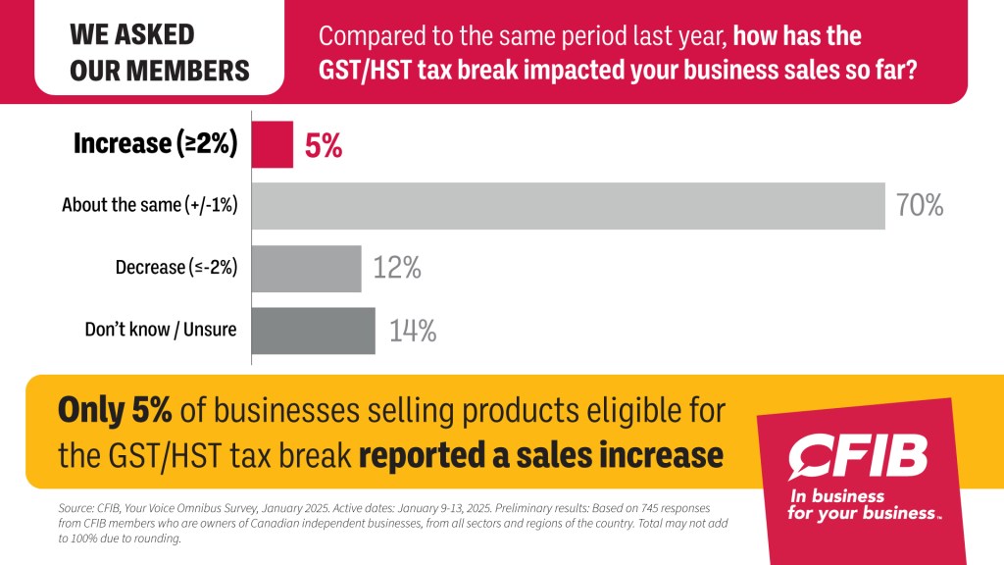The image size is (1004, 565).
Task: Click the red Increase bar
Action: [x=273, y=144]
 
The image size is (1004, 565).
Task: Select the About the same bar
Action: [x=569, y=206]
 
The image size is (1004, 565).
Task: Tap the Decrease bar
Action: [x=307, y=268]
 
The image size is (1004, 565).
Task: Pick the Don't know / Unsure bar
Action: [x=314, y=331]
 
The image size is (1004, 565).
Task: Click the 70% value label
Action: [x=919, y=206]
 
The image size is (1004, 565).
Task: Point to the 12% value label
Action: [x=397, y=268]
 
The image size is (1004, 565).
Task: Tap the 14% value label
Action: [x=412, y=331]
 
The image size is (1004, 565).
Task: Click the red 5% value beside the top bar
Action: [x=324, y=145]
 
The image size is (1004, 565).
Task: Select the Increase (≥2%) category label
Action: [x=156, y=144]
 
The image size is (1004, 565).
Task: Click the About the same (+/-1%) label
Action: [x=150, y=206]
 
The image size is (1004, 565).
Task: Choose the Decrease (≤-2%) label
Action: [x=176, y=268]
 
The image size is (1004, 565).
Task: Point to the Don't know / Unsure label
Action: [x=161, y=330]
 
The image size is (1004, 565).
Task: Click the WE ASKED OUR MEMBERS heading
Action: [x=160, y=52]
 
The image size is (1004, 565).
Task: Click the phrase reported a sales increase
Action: [x=541, y=455]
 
